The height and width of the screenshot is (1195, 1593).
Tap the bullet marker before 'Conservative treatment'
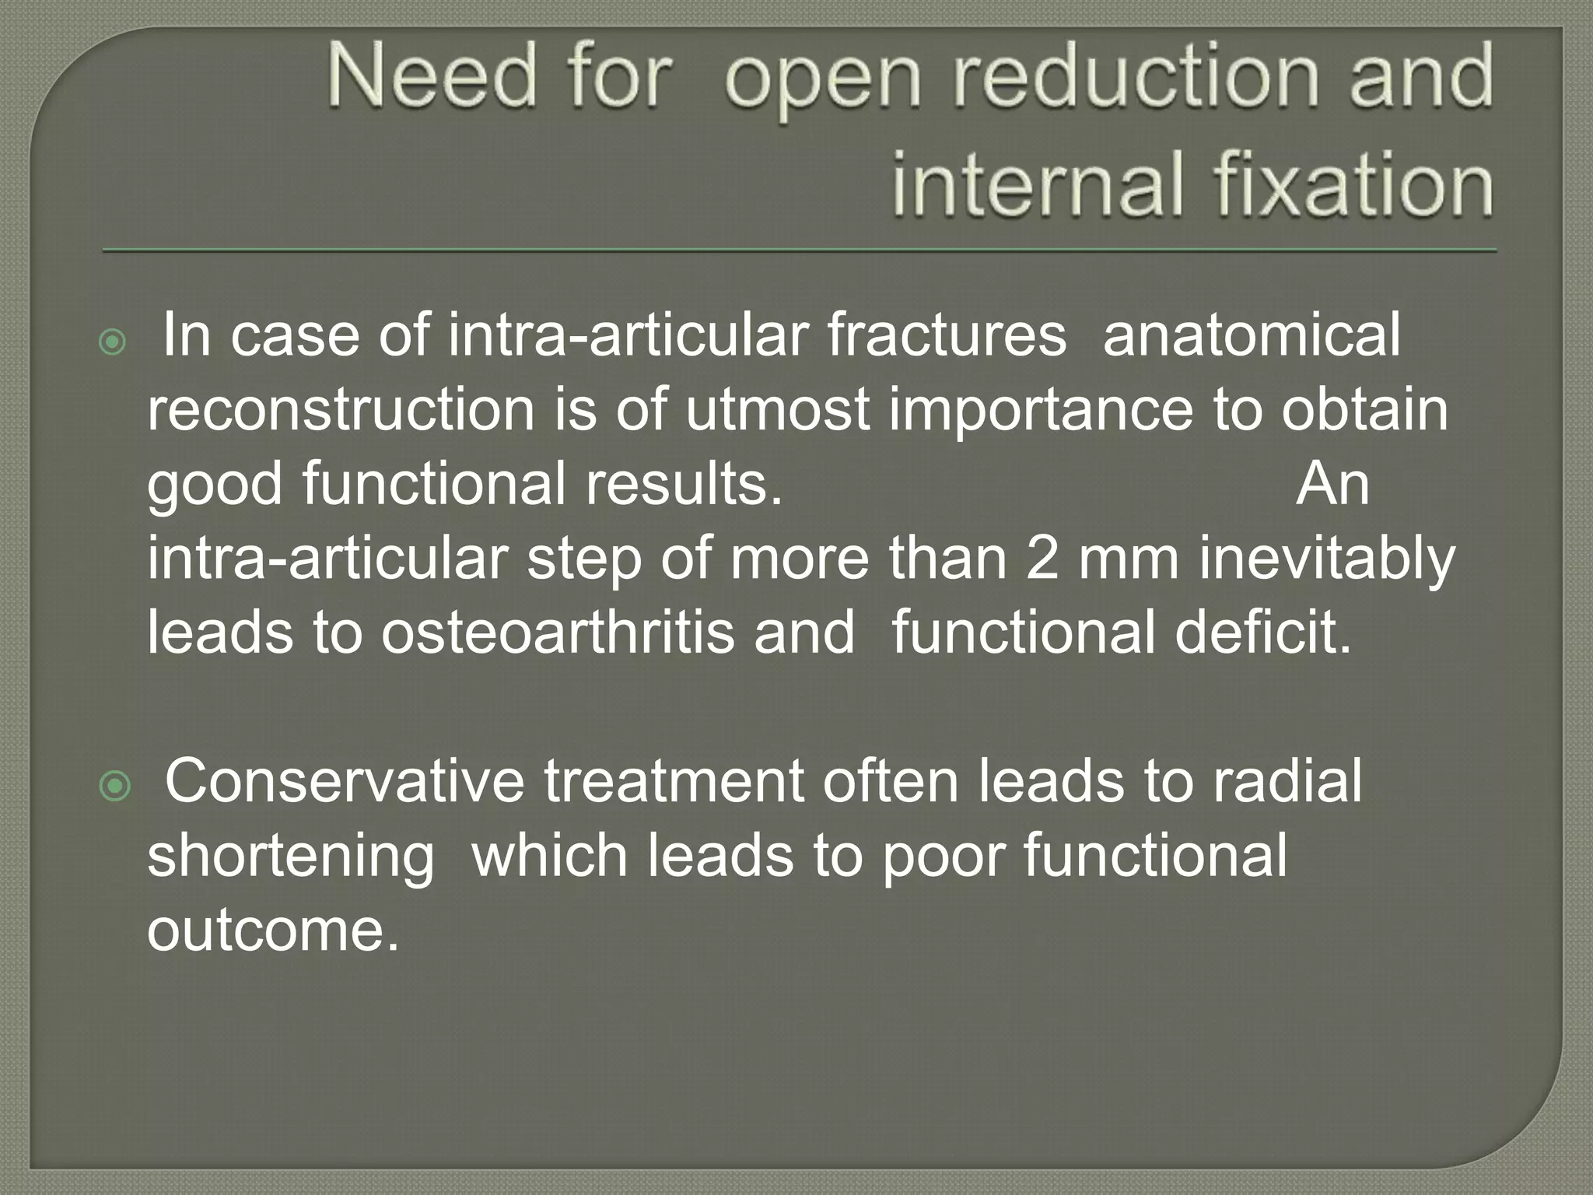(x=116, y=787)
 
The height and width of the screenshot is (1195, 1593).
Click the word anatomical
(x=1252, y=335)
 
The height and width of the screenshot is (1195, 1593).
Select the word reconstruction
(x=341, y=409)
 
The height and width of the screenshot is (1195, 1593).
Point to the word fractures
(x=947, y=335)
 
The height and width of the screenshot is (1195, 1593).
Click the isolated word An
(x=1332, y=484)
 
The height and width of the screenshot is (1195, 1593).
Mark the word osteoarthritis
(x=557, y=632)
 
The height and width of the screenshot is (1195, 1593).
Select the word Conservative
(x=345, y=781)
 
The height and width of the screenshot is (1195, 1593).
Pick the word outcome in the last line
(x=272, y=930)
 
